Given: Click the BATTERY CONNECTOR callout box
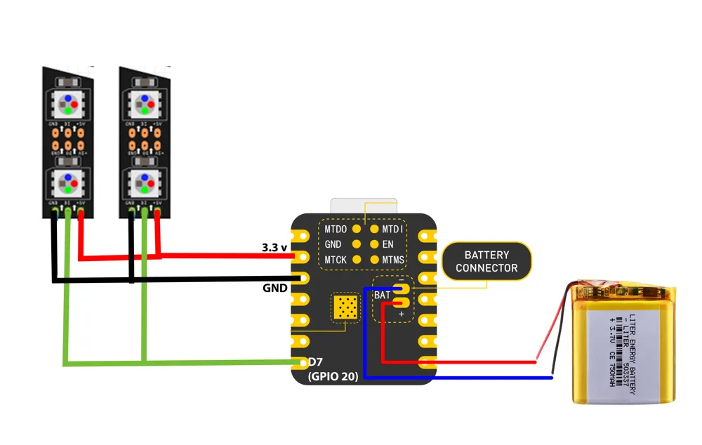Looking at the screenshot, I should (x=486, y=262).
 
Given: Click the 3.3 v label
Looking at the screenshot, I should (x=274, y=247).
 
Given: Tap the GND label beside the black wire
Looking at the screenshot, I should (x=274, y=288).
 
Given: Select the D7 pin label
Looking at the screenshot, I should (x=317, y=363).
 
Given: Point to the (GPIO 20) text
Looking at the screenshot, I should (x=333, y=377).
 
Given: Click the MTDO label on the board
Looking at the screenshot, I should (x=336, y=229).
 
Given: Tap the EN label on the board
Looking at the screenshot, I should (x=388, y=244).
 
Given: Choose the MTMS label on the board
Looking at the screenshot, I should (x=393, y=260).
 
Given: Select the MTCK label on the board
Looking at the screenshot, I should (x=336, y=260).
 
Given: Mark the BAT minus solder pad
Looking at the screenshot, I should (x=402, y=288).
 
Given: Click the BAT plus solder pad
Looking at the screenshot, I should (x=402, y=303).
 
